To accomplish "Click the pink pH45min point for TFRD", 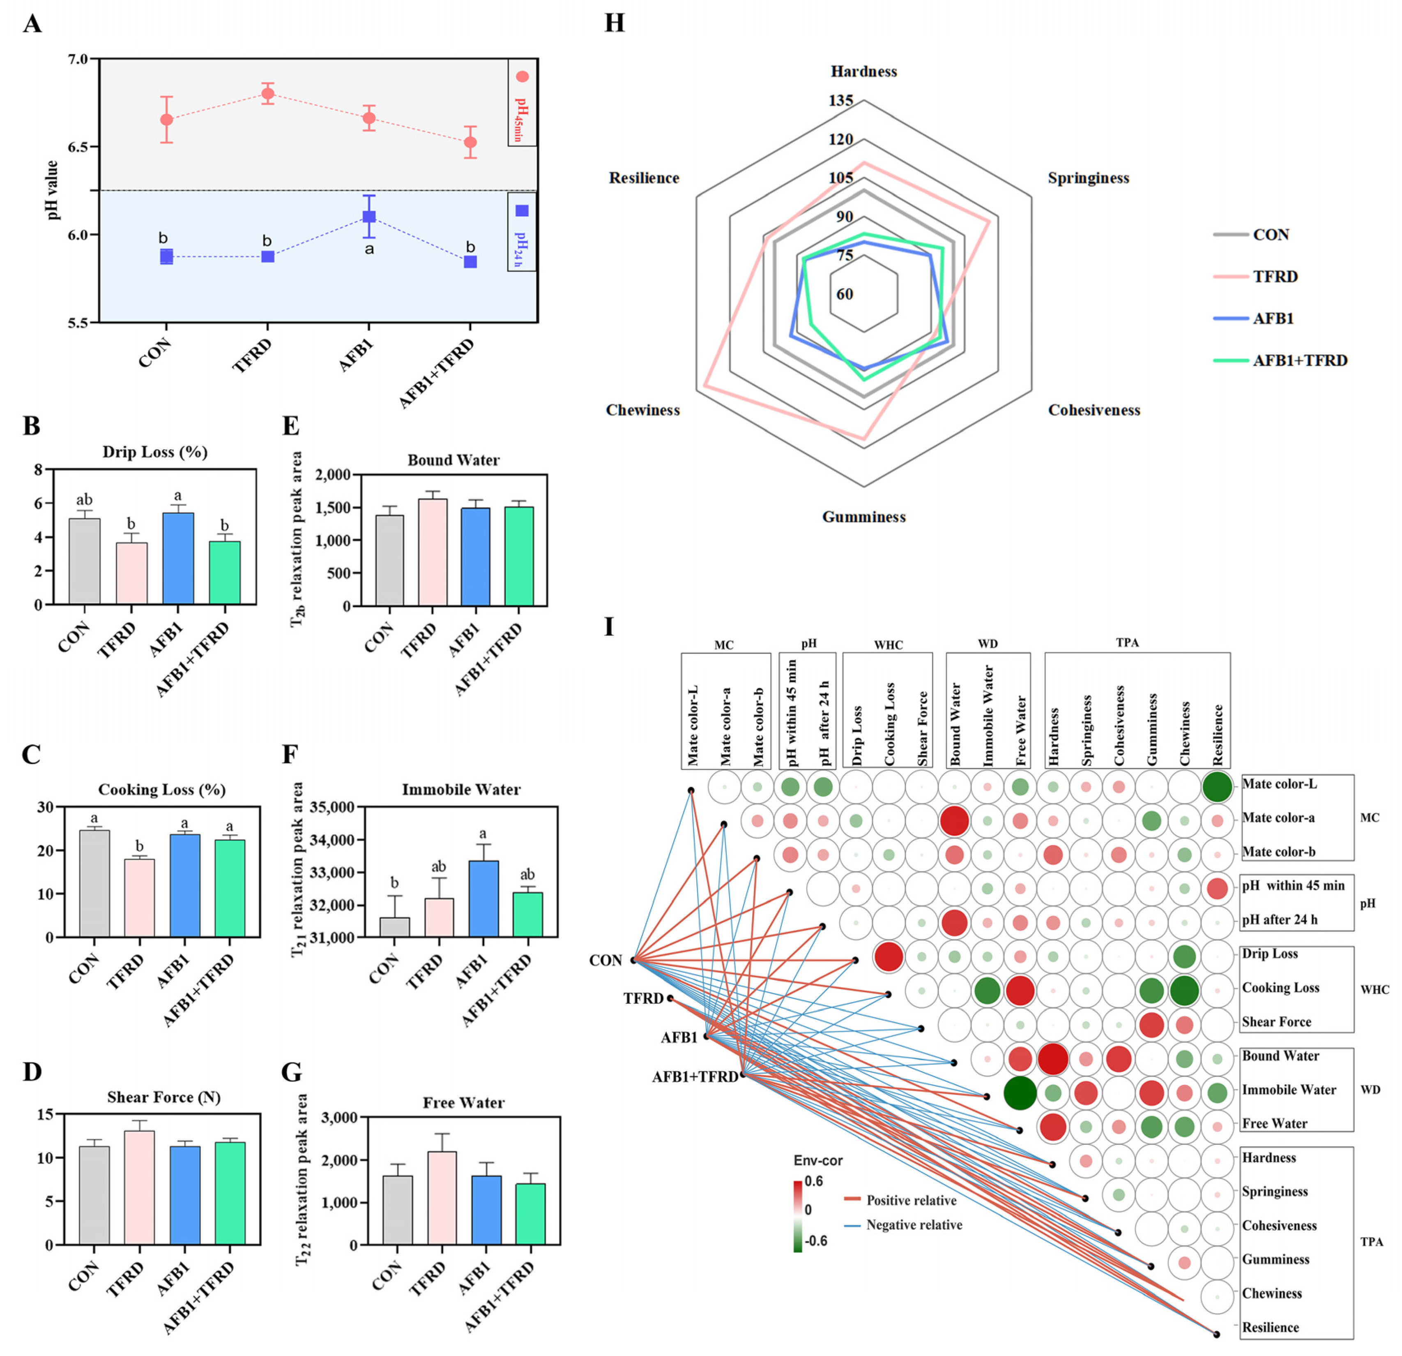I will (267, 94).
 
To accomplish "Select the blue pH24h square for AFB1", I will (369, 216).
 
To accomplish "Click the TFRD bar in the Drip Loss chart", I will (131, 573).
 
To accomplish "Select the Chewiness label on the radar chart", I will (642, 410).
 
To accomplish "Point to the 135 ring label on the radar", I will (841, 100).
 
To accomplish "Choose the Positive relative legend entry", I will (911, 1200).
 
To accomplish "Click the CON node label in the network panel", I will (605, 960).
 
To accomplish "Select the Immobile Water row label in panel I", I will (1288, 1090).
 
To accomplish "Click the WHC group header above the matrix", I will (888, 645).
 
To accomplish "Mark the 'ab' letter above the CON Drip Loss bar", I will (84, 499).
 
